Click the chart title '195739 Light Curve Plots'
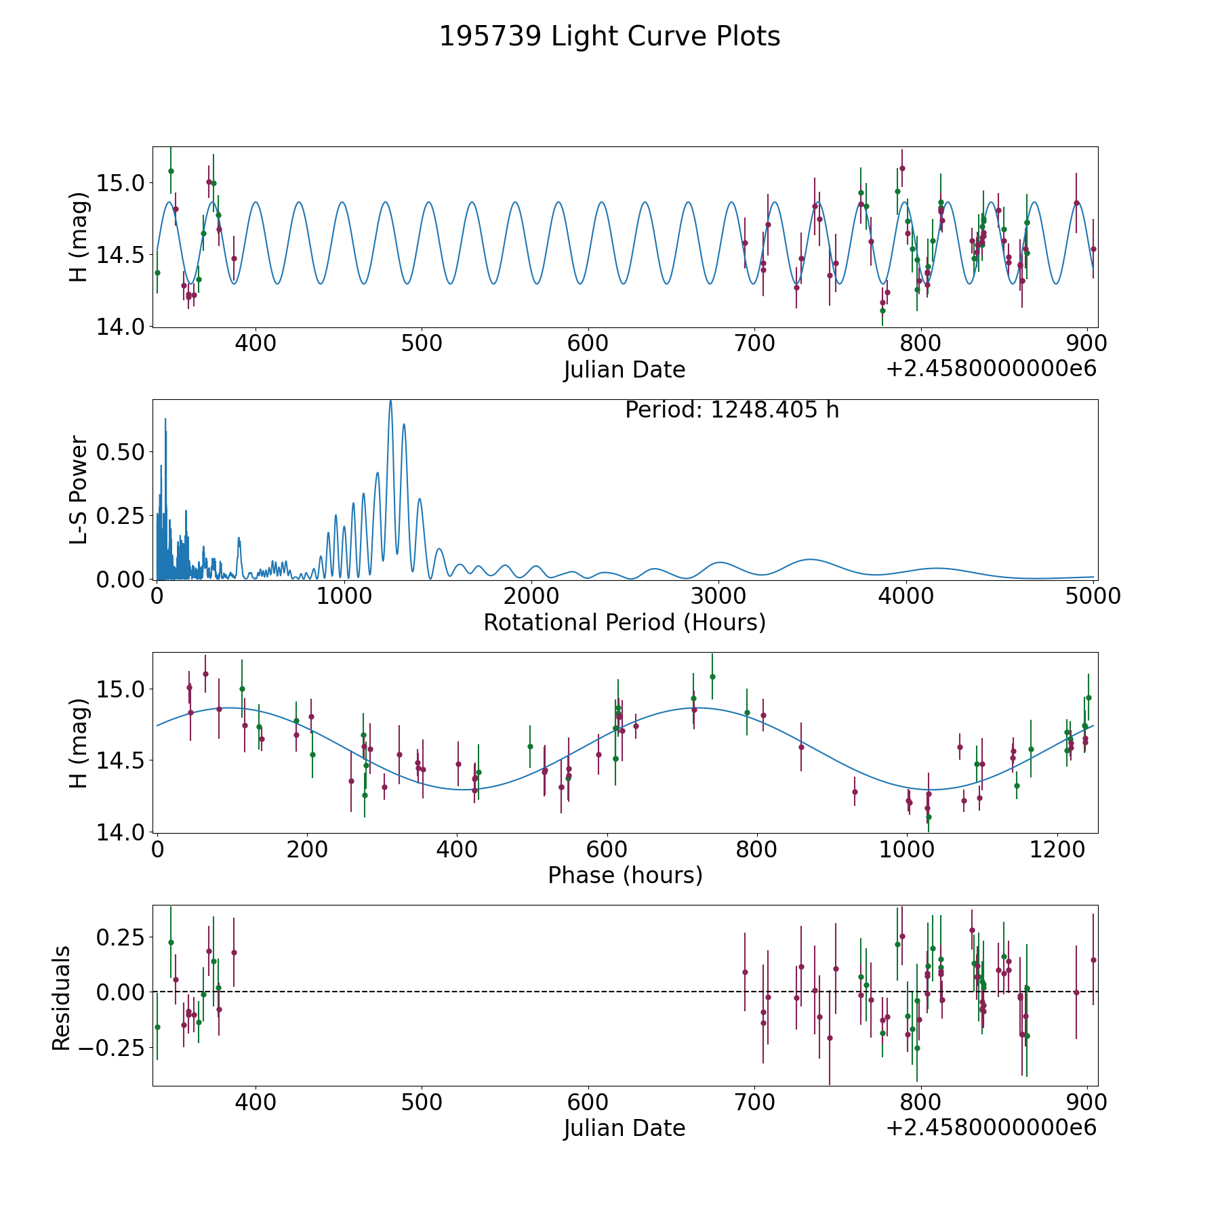coord(609,37)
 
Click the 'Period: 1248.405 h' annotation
coord(732,410)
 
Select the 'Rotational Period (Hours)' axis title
coord(624,622)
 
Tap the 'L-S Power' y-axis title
coord(79,490)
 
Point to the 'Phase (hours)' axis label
coord(625,875)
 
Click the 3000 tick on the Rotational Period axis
coord(718,596)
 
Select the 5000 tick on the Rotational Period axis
coord(1093,596)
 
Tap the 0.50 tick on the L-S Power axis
coord(121,452)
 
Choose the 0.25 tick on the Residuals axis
coord(121,937)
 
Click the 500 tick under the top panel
coord(422,344)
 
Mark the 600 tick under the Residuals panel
coord(588,1102)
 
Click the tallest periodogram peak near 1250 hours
coord(390,402)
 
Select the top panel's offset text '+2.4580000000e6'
coord(991,369)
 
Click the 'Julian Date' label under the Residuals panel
coord(624,1128)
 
